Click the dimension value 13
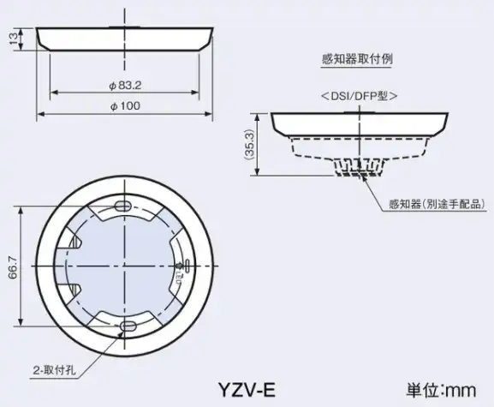15,39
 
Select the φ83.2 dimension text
125,86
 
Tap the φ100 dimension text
125,106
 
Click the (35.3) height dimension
249,145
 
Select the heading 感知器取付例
357,59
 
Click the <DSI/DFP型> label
359,95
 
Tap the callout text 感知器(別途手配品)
436,204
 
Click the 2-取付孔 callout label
55,370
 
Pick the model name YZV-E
247,390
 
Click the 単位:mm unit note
441,390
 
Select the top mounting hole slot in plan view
122,206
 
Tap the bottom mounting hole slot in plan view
128,326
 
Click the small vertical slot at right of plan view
187,266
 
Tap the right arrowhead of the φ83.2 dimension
195,93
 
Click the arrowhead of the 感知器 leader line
365,179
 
